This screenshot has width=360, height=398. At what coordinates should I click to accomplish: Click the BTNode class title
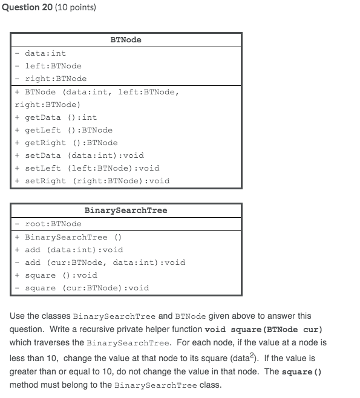(126, 39)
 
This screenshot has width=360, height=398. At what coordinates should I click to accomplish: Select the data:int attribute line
(45, 53)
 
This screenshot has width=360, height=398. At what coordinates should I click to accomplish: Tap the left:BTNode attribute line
(53, 66)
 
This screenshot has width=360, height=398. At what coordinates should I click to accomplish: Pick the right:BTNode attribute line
(55, 79)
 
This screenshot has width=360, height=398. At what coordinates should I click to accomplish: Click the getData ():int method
(61, 117)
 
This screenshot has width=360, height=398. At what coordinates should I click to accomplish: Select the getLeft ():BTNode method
(68, 130)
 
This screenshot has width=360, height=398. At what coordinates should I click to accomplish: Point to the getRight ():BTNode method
(71, 143)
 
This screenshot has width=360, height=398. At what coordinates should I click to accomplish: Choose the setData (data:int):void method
(84, 155)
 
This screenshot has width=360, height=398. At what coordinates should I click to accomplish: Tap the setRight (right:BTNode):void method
(97, 181)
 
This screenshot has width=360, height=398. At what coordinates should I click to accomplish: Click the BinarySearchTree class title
(126, 210)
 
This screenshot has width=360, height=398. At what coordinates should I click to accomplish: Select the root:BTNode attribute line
(53, 224)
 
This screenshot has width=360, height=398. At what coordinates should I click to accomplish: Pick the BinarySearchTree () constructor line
(73, 237)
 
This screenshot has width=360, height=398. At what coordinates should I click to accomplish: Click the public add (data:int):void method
(74, 250)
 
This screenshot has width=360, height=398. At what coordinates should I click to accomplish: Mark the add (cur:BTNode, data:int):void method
(105, 263)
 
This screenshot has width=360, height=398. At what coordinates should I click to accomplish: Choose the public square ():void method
(61, 275)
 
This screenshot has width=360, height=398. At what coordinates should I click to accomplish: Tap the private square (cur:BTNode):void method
(87, 288)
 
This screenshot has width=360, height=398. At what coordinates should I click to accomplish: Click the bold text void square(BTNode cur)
(264, 330)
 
